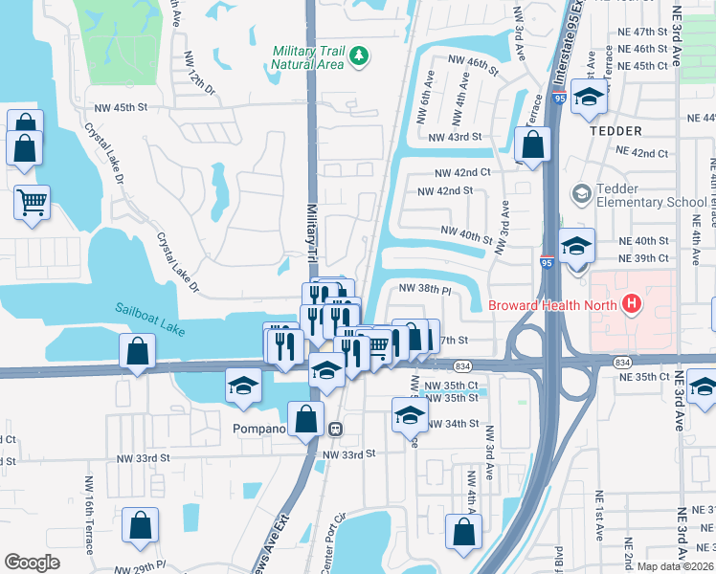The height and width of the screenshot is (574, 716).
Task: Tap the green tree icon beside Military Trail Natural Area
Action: pos(360,56)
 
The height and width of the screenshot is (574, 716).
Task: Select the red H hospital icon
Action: pos(632,305)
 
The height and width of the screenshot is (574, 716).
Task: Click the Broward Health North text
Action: pos(550,305)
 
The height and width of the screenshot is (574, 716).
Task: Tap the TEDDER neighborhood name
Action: pos(615,130)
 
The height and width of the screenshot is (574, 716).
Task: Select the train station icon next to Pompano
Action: pos(336,428)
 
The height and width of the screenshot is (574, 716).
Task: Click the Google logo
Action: pos(32,562)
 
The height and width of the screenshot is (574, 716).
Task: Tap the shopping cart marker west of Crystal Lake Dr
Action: pos(33,202)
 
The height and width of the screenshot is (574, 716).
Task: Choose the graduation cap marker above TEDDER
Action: pos(590,97)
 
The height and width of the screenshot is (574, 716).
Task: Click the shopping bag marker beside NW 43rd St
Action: pos(533,146)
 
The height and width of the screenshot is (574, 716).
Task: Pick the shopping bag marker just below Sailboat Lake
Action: pos(138,350)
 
